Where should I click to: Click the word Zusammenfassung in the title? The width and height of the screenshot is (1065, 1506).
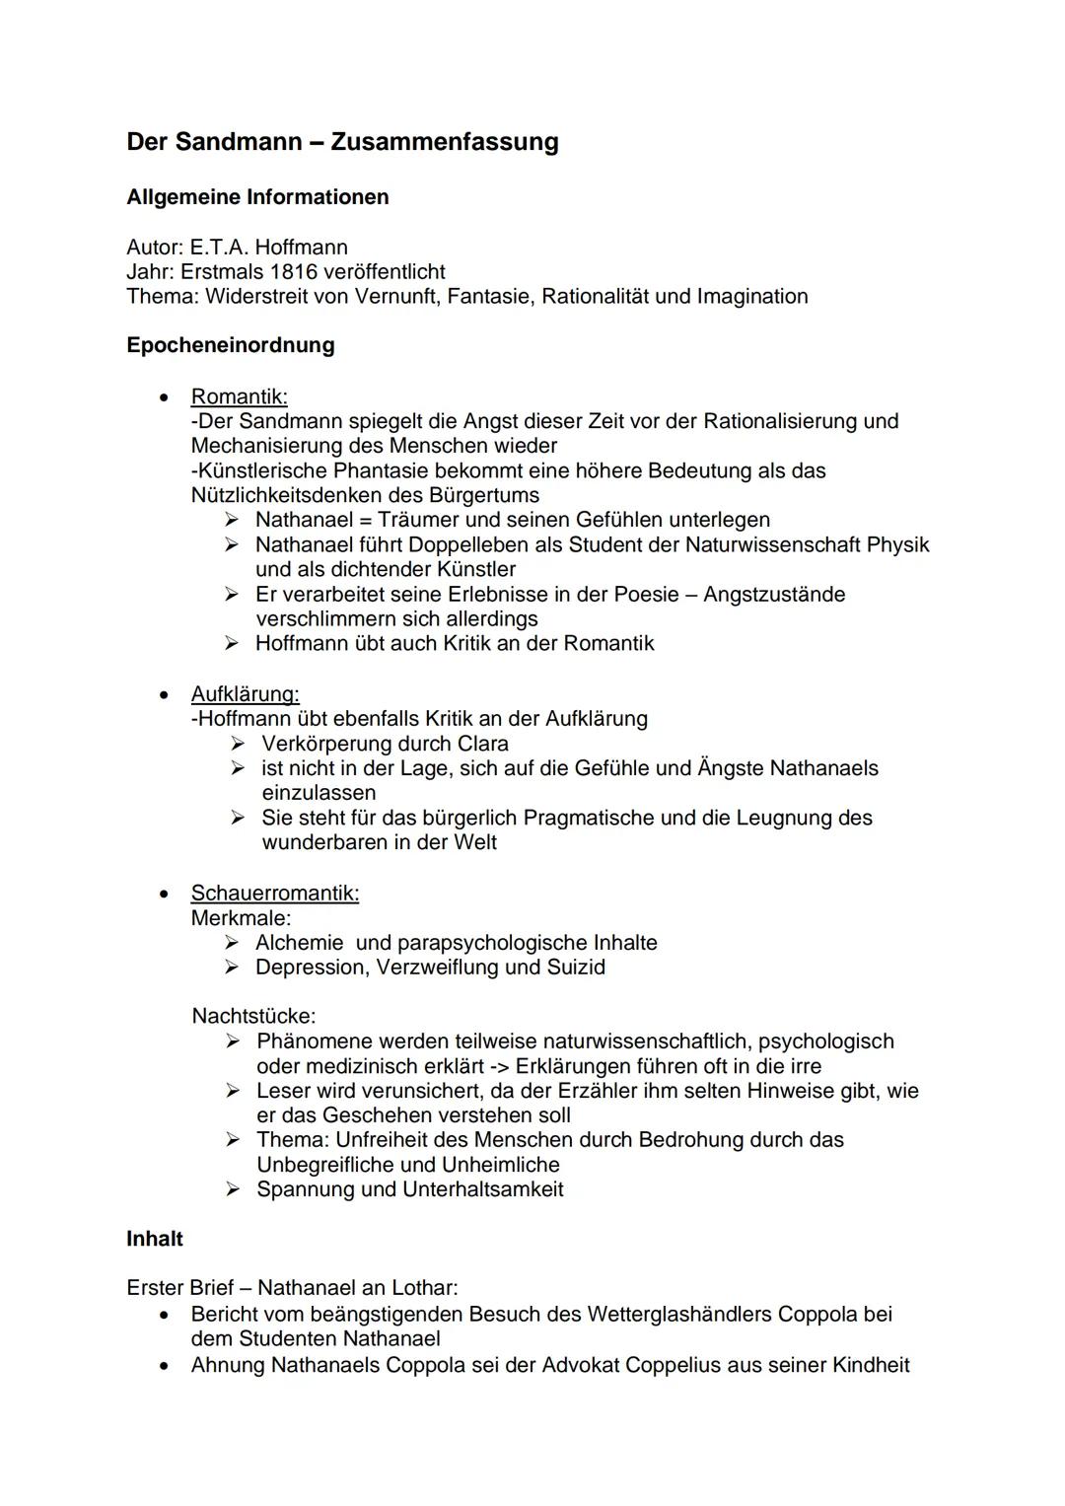(444, 142)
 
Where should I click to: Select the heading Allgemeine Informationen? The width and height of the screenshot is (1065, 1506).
(257, 197)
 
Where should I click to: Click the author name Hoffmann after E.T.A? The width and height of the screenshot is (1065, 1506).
(301, 247)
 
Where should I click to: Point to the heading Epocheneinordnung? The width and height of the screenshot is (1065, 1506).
(230, 345)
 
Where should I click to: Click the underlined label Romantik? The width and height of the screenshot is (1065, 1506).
(239, 396)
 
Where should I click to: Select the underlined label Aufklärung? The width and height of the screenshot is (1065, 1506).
(245, 693)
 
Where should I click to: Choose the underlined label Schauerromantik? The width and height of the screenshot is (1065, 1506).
(274, 893)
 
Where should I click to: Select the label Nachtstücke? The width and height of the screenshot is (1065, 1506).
(253, 1016)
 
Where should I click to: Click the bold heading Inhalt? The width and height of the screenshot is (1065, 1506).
(155, 1239)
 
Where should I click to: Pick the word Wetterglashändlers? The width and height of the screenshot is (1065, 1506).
(679, 1315)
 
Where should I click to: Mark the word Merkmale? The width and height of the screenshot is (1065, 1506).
(241, 917)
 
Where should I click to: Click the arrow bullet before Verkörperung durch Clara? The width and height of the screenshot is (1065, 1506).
(237, 744)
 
